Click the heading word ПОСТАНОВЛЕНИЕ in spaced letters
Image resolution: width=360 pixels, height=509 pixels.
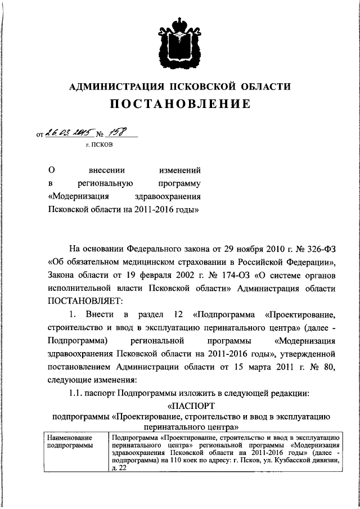point(180,104)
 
